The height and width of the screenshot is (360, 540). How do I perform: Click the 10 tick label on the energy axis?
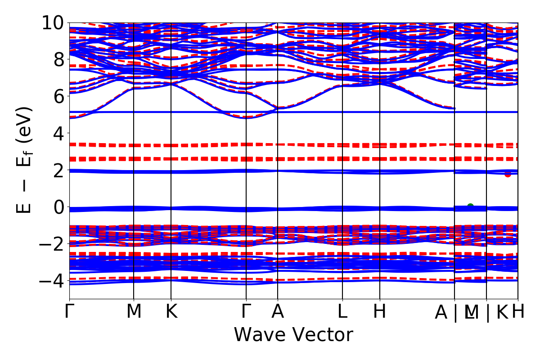(53, 22)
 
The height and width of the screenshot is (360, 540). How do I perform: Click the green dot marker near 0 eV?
(470, 206)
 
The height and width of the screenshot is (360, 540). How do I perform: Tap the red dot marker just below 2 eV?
(508, 174)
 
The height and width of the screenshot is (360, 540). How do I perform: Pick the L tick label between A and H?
(343, 312)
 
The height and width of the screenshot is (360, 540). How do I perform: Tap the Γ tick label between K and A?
(246, 312)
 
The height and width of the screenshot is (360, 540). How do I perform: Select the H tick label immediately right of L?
(380, 312)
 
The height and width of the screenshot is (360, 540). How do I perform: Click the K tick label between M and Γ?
(171, 312)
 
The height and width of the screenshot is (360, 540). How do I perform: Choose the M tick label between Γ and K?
(134, 312)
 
